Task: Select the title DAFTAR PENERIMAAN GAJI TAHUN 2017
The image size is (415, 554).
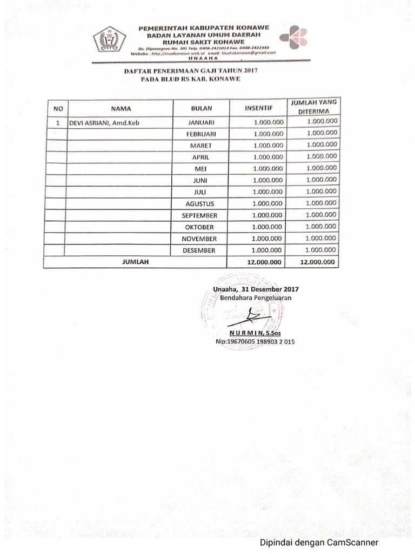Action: point(190,71)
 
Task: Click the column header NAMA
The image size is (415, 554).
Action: point(121,108)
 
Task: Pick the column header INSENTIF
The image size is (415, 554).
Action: point(258,108)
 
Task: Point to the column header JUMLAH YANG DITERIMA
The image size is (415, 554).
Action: point(313,107)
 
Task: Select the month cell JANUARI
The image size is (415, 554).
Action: point(200,122)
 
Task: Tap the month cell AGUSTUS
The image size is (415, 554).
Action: point(200,204)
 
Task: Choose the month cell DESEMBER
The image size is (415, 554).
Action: point(199,250)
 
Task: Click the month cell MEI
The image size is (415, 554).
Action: point(200,169)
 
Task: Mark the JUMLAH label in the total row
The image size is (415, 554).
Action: point(135,262)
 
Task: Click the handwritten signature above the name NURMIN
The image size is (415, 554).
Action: point(251,315)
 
